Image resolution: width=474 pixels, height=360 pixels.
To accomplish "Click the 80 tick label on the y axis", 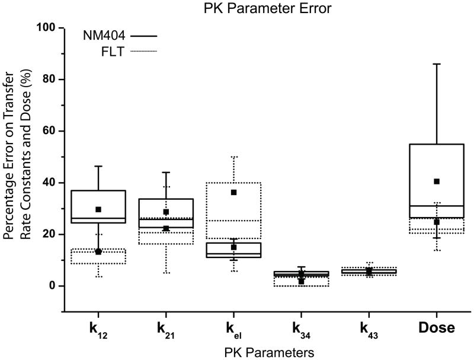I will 50,79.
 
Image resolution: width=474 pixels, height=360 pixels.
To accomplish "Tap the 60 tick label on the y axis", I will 50,130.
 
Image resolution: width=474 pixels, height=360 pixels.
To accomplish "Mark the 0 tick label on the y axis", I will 53,286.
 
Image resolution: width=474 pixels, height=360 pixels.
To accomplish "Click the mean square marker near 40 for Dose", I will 437,181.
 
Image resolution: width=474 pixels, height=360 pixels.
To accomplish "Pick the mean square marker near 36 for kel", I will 234,192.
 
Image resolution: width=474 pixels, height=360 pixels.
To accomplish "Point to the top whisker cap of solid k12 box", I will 98,166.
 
